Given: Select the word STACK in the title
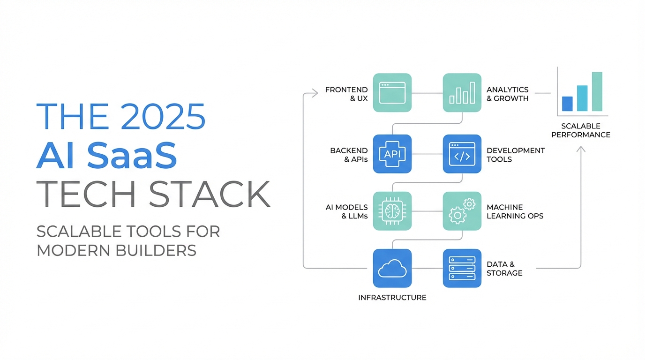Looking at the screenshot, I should click(209, 194).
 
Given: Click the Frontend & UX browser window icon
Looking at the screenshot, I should click(392, 93).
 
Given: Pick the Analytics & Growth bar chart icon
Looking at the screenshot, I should click(462, 93).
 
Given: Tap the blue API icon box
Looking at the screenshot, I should click(392, 154).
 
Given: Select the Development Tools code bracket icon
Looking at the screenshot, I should click(462, 154).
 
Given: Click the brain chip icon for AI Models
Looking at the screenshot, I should click(392, 211).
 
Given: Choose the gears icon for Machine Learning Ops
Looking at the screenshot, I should click(462, 211).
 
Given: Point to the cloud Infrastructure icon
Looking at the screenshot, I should click(392, 268).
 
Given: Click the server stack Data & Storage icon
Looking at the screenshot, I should click(462, 268).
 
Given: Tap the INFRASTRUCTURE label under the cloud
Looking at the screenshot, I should click(392, 298).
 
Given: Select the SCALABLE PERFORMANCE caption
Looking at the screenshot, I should click(580, 130).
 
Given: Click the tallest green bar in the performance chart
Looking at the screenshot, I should click(597, 92).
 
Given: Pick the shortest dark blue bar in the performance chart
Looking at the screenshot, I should click(567, 104).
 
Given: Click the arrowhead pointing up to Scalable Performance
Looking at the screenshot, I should click(580, 149).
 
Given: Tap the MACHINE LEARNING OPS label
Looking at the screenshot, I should click(515, 211).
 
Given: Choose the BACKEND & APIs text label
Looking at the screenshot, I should click(349, 155).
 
